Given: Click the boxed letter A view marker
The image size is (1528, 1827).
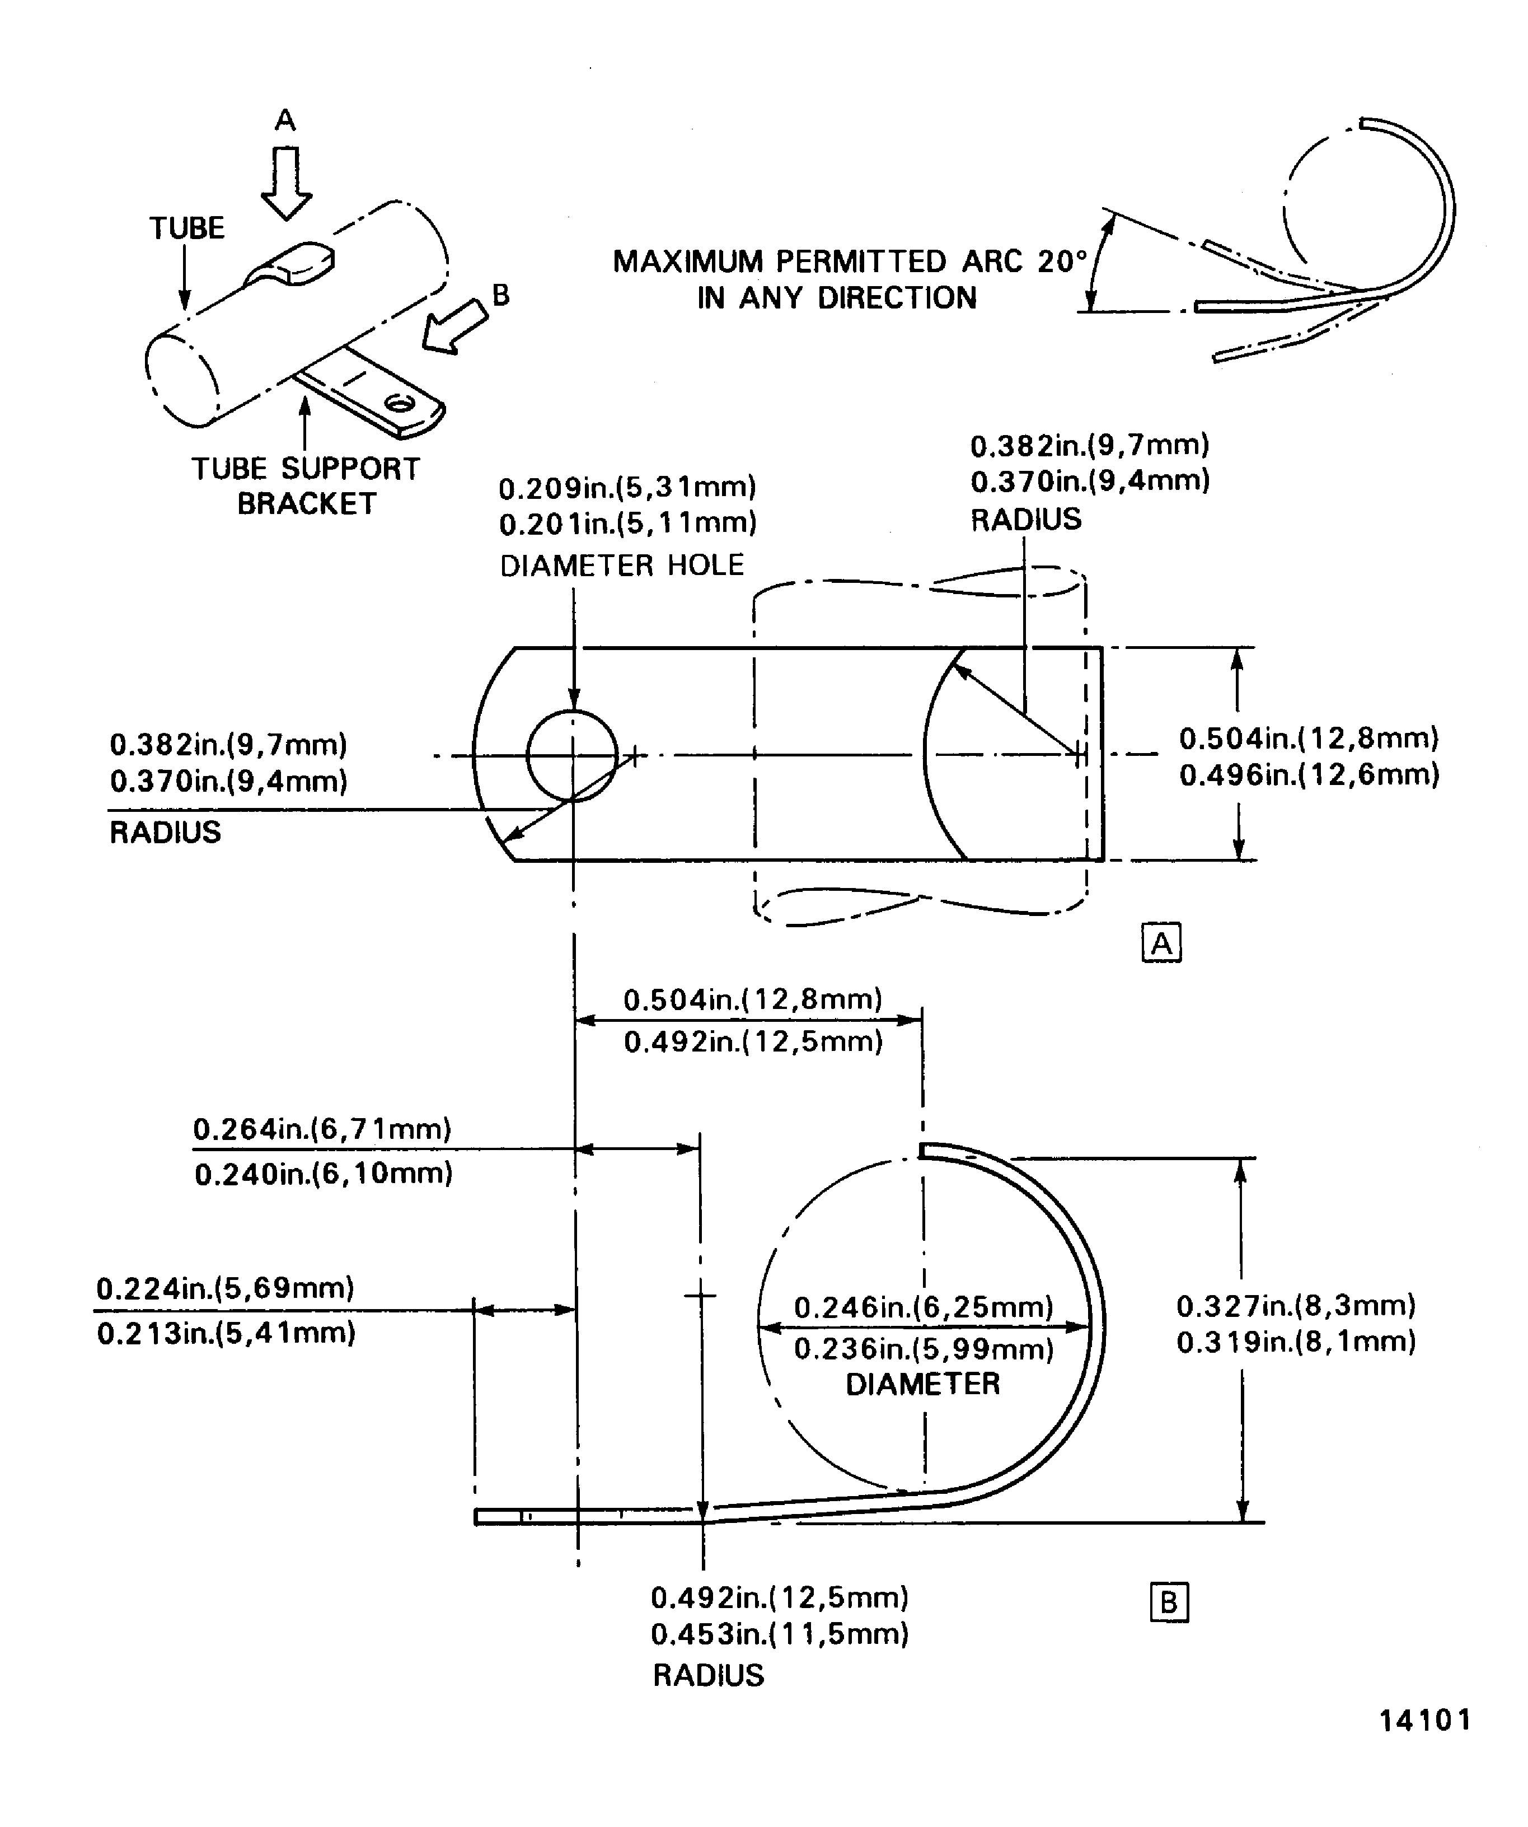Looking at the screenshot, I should [x=1161, y=943].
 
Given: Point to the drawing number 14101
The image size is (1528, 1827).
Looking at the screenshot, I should [x=1424, y=1720].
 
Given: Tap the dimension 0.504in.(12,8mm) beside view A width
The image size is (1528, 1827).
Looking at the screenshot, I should [x=1309, y=739].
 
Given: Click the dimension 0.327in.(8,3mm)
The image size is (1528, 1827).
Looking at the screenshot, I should [x=1296, y=1306].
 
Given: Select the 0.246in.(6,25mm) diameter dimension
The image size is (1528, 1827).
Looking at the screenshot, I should [x=924, y=1307].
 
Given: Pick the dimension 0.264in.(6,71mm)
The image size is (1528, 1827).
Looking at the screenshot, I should [x=322, y=1130].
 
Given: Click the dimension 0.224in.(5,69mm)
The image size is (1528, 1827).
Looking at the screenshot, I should [x=225, y=1288].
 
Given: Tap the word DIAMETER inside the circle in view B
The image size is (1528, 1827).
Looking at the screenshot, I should [x=923, y=1384].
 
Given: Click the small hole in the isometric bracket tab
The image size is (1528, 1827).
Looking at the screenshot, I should [x=399, y=403].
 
